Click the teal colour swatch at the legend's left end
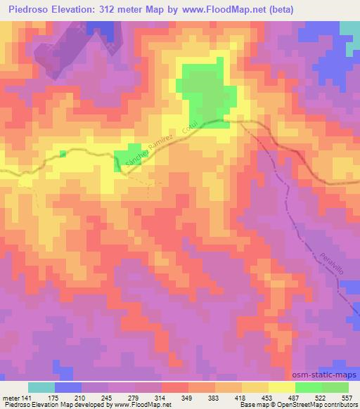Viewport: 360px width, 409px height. coord(41,388)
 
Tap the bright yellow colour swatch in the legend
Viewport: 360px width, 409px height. coord(282,388)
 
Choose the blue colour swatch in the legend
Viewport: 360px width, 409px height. coord(68,388)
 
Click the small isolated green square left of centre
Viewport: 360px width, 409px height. coord(63,153)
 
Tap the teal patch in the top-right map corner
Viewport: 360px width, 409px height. coord(349,28)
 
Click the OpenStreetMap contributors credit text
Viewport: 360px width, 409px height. coord(309,405)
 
